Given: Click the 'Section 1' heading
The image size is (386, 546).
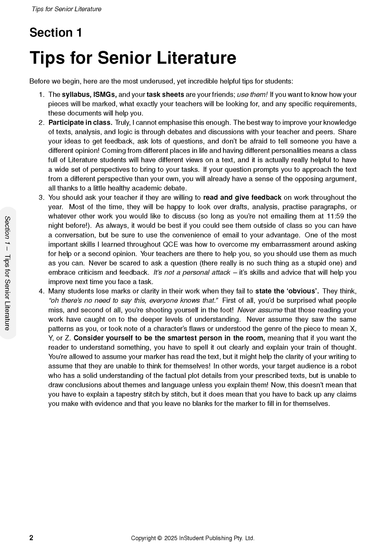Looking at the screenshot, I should [x=56, y=33].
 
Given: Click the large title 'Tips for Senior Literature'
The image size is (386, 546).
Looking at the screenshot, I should [x=133, y=57].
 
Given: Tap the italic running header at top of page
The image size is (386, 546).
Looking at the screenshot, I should [x=67, y=9].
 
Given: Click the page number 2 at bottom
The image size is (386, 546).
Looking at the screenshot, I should [x=31, y=538].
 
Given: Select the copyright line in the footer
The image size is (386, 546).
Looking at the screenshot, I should [x=193, y=538].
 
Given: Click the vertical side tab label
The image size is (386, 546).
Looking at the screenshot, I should [x=8, y=273].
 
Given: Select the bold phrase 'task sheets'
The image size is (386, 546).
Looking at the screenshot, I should [x=165, y=95].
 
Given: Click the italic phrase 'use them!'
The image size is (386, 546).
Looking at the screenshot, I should [x=252, y=95].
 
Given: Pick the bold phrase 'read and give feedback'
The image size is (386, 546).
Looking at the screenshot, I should [x=242, y=198].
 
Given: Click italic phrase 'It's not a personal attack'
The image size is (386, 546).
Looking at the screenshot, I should [x=192, y=272].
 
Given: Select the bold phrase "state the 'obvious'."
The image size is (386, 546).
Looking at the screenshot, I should [x=287, y=291].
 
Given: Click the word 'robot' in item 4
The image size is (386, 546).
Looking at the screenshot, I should [x=349, y=366].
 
